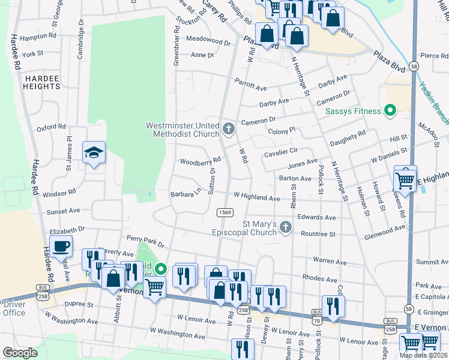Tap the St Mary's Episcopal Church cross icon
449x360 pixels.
pos(286,227)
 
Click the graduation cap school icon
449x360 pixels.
pos(94,153)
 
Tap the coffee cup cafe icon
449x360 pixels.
pos(61,245)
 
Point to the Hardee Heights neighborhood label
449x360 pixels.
pos(42,82)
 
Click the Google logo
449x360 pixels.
pos(20,353)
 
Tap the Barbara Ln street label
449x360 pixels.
pos(185,194)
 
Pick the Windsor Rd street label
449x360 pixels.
pos(59,193)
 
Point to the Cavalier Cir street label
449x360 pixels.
pos(281,154)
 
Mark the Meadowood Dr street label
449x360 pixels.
pos(208,41)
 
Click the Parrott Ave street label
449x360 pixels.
pos(250,85)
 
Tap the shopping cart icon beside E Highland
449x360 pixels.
pos(405,178)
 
